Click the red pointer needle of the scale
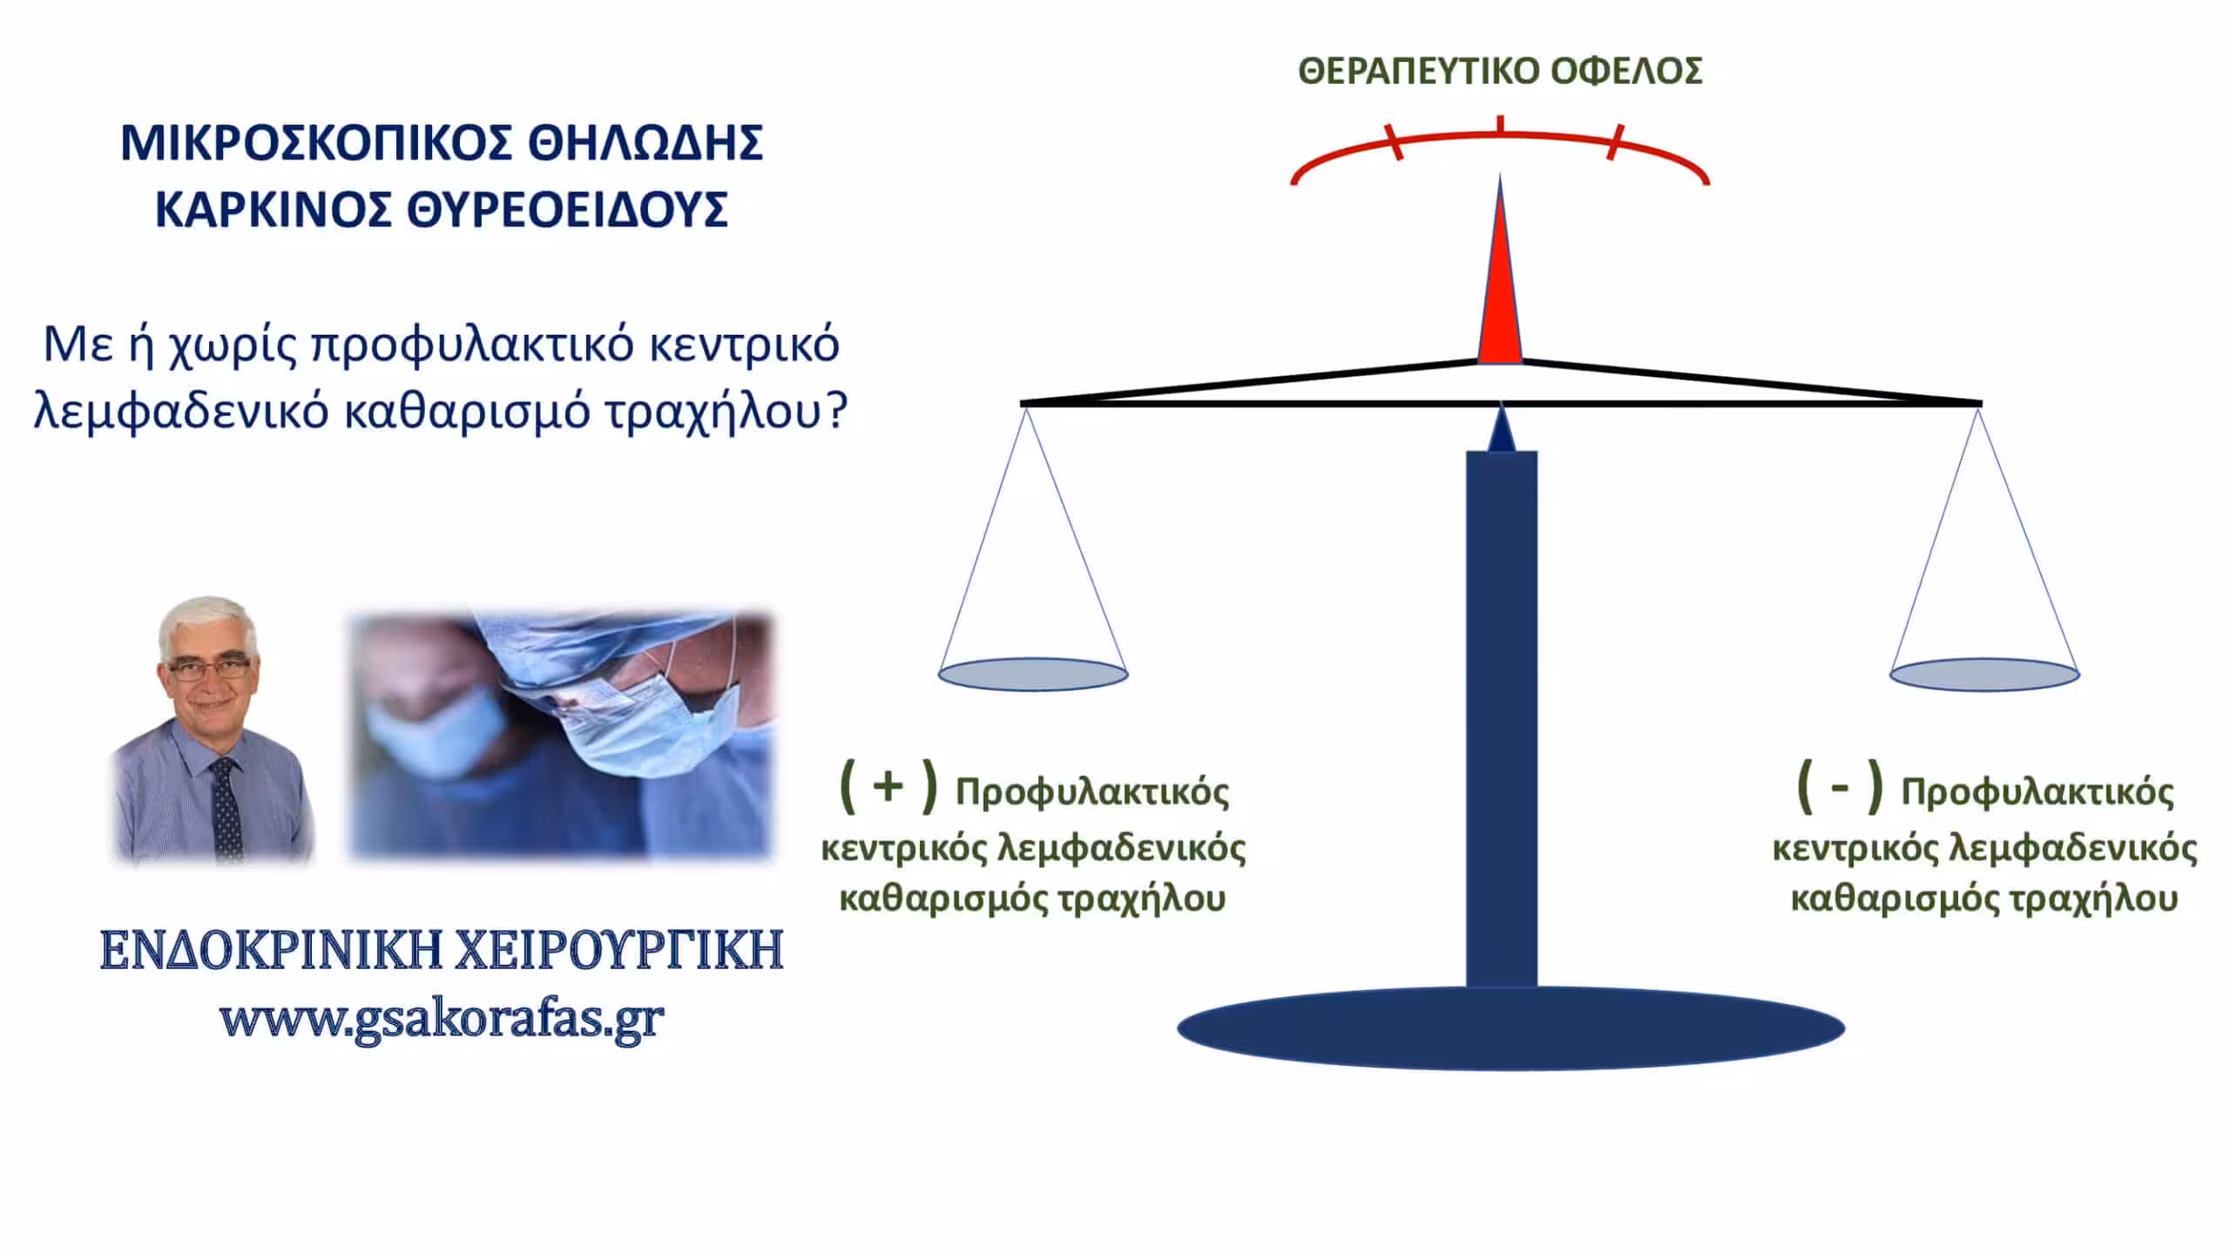point(1500,270)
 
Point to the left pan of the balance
point(1033,675)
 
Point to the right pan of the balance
point(1984,675)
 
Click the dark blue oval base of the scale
point(1510,1028)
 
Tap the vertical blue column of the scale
point(1502,719)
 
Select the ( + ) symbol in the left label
point(888,786)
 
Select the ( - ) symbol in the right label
point(1840,786)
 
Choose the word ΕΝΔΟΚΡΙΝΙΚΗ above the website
point(260,950)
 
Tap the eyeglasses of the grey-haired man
point(209,669)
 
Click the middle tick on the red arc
point(1500,125)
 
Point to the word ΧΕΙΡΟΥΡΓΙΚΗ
point(611,950)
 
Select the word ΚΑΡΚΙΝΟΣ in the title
point(272,209)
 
